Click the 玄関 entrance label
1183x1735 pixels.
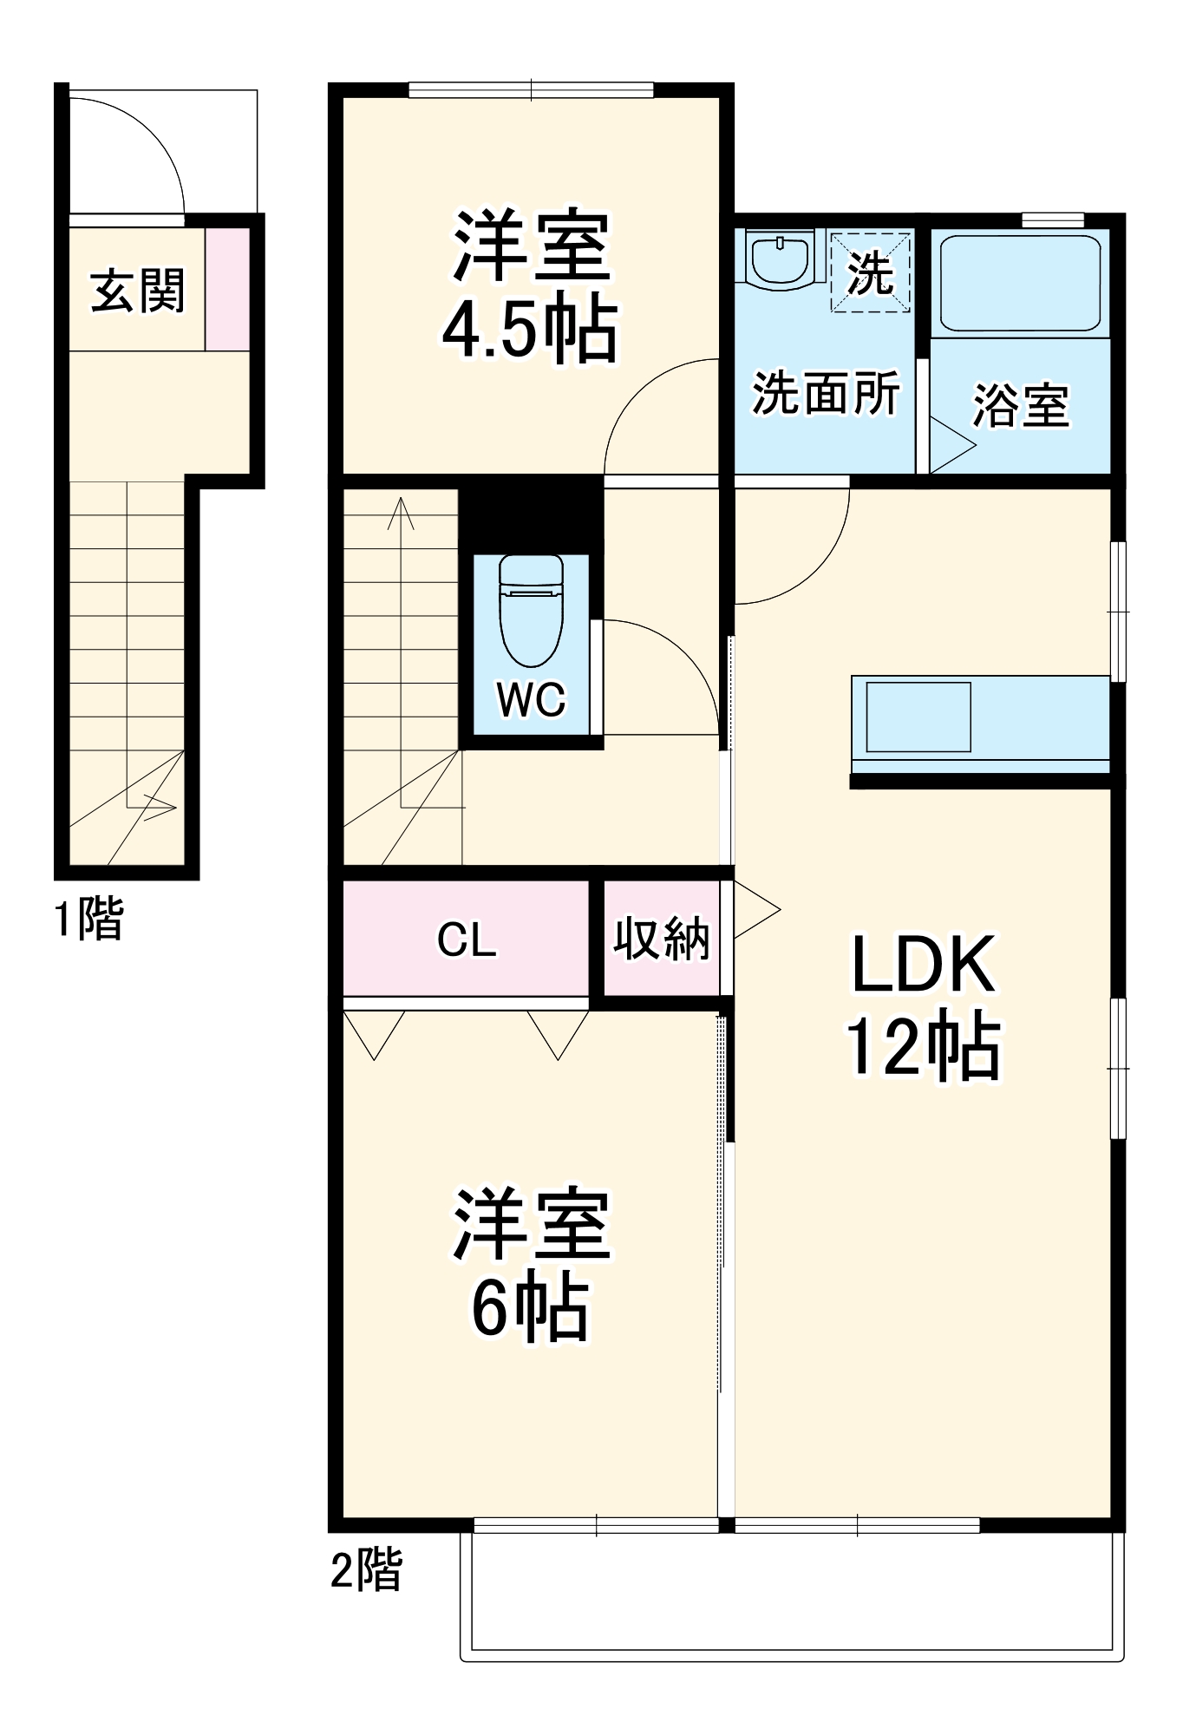click(138, 291)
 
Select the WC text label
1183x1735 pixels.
click(531, 698)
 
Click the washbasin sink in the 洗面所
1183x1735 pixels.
click(779, 259)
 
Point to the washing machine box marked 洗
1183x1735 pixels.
click(870, 272)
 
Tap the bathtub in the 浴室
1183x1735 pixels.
click(1020, 283)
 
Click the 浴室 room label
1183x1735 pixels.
click(1020, 405)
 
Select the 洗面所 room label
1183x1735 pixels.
click(825, 394)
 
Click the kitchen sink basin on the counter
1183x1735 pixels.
click(918, 717)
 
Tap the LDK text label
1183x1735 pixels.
click(923, 965)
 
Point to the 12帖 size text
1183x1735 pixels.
click(923, 1047)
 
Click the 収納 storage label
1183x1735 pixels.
click(662, 939)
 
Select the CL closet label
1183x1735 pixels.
click(467, 940)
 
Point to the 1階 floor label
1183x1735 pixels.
click(89, 919)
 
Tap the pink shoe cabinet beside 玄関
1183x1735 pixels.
click(227, 290)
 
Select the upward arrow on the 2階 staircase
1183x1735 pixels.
click(401, 512)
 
